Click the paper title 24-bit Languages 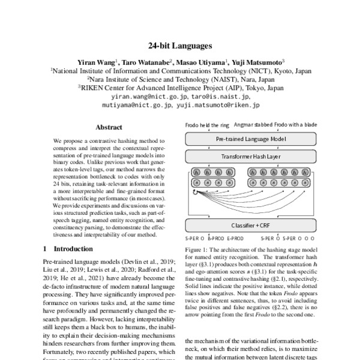pos(179,44)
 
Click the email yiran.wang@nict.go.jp pos(149,96)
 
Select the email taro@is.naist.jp pos(221,96)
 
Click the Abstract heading pos(109,127)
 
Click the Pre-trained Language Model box pos(255,138)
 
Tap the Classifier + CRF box pos(255,225)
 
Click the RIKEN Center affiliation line pos(181,86)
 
